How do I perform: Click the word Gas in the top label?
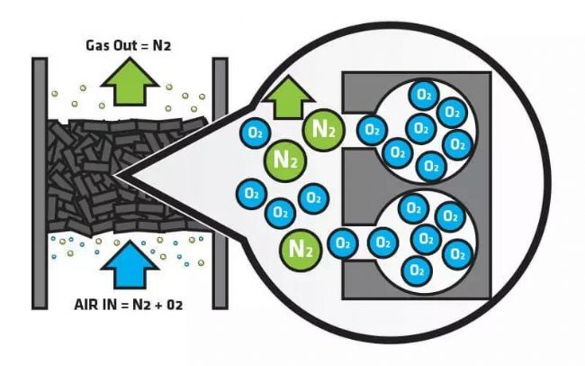click(x=99, y=43)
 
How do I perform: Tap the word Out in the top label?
click(x=127, y=43)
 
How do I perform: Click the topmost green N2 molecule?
click(x=322, y=128)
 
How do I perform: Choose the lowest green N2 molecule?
click(x=299, y=245)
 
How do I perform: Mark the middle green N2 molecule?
click(x=286, y=162)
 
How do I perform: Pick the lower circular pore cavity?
click(x=424, y=238)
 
